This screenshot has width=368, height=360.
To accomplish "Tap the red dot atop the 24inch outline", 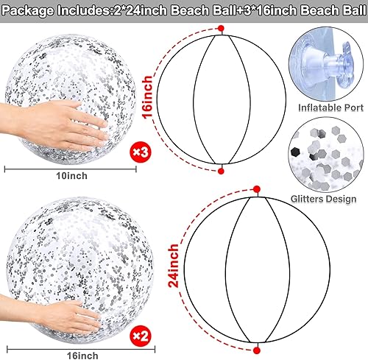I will [257, 192].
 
